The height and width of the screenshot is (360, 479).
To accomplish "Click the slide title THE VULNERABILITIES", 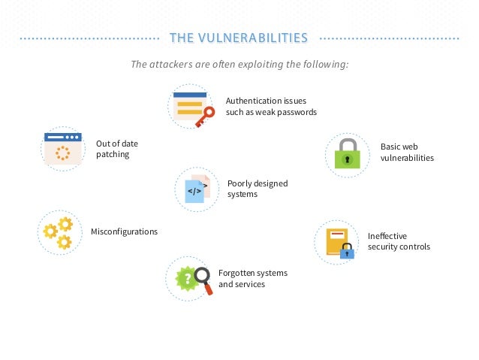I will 239,38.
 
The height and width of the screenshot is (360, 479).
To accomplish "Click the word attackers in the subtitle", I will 170,65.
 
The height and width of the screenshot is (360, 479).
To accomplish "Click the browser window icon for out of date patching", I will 62,148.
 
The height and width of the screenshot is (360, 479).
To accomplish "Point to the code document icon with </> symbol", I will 195,189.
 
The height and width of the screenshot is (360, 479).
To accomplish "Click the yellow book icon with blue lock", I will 337,241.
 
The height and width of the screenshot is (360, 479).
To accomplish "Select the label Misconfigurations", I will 124,231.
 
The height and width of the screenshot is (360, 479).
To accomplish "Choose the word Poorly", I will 239,183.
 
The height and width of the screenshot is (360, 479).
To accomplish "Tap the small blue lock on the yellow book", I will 347,253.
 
